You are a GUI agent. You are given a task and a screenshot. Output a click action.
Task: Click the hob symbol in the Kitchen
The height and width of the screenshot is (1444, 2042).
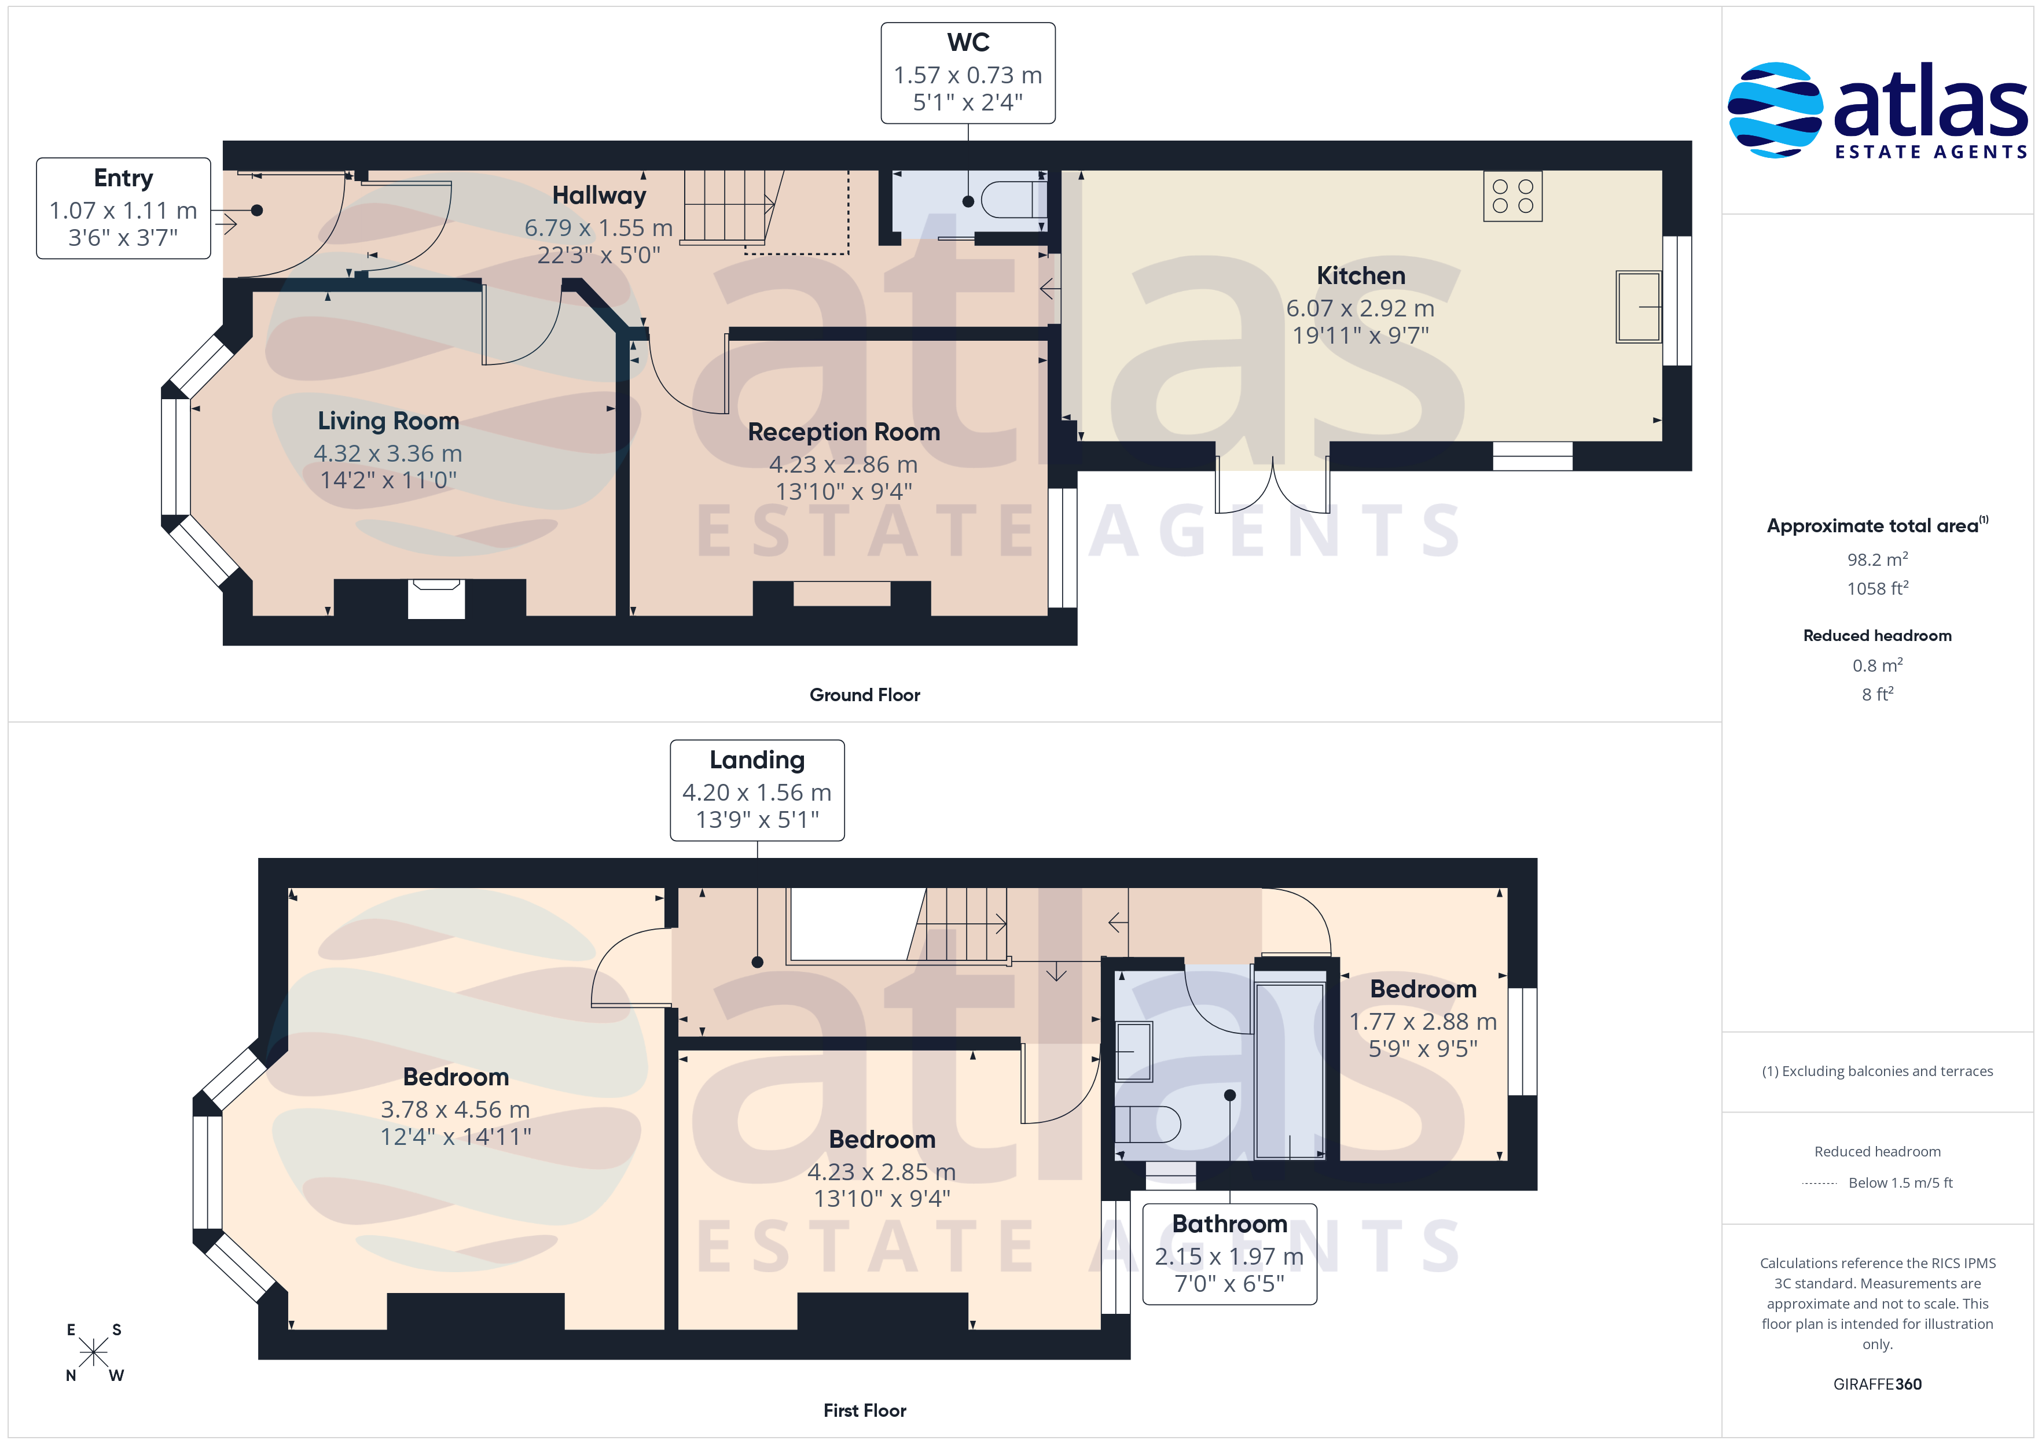(1512, 196)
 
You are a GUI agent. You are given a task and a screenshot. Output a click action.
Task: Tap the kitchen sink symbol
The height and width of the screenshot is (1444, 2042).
(1638, 307)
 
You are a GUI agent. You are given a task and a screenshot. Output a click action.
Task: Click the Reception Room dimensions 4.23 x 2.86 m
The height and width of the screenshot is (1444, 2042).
(843, 464)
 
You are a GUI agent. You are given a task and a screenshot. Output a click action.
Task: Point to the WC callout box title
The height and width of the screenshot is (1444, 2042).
(968, 43)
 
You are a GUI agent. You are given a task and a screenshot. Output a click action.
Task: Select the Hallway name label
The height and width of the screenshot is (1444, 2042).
(598, 196)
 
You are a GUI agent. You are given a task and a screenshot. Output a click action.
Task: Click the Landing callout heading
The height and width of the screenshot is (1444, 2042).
(757, 760)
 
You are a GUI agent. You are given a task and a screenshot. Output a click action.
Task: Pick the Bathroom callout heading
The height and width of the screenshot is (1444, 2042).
(1229, 1224)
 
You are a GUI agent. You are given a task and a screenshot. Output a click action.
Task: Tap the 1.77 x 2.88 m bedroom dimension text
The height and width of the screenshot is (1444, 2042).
(1423, 1022)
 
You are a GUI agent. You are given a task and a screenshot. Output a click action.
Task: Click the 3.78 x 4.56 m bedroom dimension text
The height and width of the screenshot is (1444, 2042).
(456, 1110)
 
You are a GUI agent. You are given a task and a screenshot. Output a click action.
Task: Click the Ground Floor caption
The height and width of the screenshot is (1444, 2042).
(865, 695)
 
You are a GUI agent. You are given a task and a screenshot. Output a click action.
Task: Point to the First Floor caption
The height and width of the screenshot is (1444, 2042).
(865, 1410)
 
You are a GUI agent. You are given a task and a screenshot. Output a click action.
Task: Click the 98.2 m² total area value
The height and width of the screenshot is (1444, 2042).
(1878, 559)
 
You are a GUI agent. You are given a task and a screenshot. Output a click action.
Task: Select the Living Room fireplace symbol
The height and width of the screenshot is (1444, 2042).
(436, 598)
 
